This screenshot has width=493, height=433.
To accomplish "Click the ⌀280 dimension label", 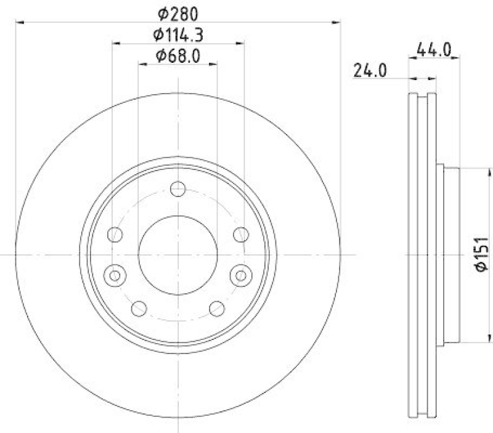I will (177, 12).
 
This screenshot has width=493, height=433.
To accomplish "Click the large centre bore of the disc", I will (177, 254).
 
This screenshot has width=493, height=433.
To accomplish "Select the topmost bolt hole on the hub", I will (178, 189).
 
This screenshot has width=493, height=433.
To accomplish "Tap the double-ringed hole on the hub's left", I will (115, 275).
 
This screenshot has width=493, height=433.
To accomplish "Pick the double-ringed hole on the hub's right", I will (240, 275).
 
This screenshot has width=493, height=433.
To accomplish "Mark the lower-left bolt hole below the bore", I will (140, 308).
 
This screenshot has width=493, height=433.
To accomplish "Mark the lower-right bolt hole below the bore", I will (216, 308).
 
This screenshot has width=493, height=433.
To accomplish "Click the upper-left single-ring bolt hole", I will (115, 234).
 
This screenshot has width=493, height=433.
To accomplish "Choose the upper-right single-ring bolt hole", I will (241, 234).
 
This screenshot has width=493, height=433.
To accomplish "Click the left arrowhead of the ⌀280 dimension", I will (18, 22).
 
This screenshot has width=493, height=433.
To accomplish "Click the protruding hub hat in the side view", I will (450, 254).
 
